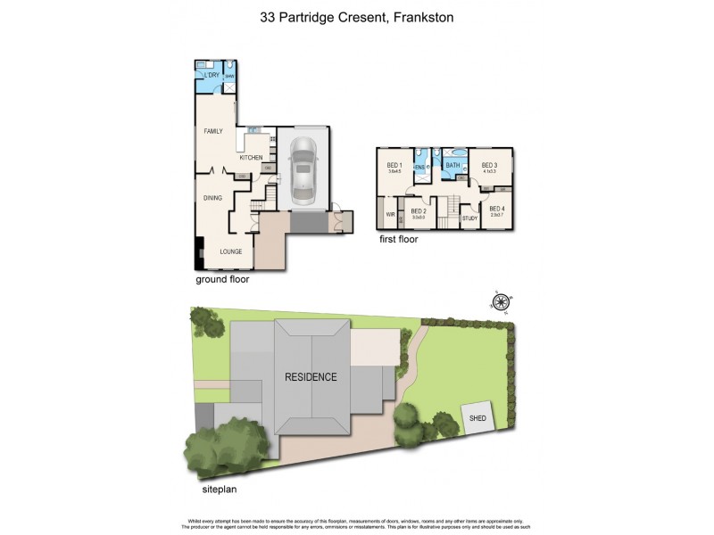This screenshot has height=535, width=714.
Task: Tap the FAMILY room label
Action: [212, 131]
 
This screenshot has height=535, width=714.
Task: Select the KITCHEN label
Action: [251, 158]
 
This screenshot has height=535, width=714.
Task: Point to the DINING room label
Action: [212, 198]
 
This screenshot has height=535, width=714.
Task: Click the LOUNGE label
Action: [231, 251]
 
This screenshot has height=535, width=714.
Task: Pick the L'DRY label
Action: [212, 76]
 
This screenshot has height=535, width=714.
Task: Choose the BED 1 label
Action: [394, 165]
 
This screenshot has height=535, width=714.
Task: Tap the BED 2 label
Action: [418, 210]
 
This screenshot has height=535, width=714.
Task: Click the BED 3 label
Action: [488, 165]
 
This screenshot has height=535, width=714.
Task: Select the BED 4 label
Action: [496, 208]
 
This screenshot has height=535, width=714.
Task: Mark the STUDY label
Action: [469, 218]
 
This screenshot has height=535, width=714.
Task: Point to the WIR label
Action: [391, 215]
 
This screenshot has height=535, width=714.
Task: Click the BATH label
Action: [452, 165]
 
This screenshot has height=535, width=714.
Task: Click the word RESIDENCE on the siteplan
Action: [311, 376]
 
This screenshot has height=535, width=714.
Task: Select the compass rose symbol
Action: [501, 301]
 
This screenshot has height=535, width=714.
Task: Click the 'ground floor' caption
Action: [222, 279]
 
